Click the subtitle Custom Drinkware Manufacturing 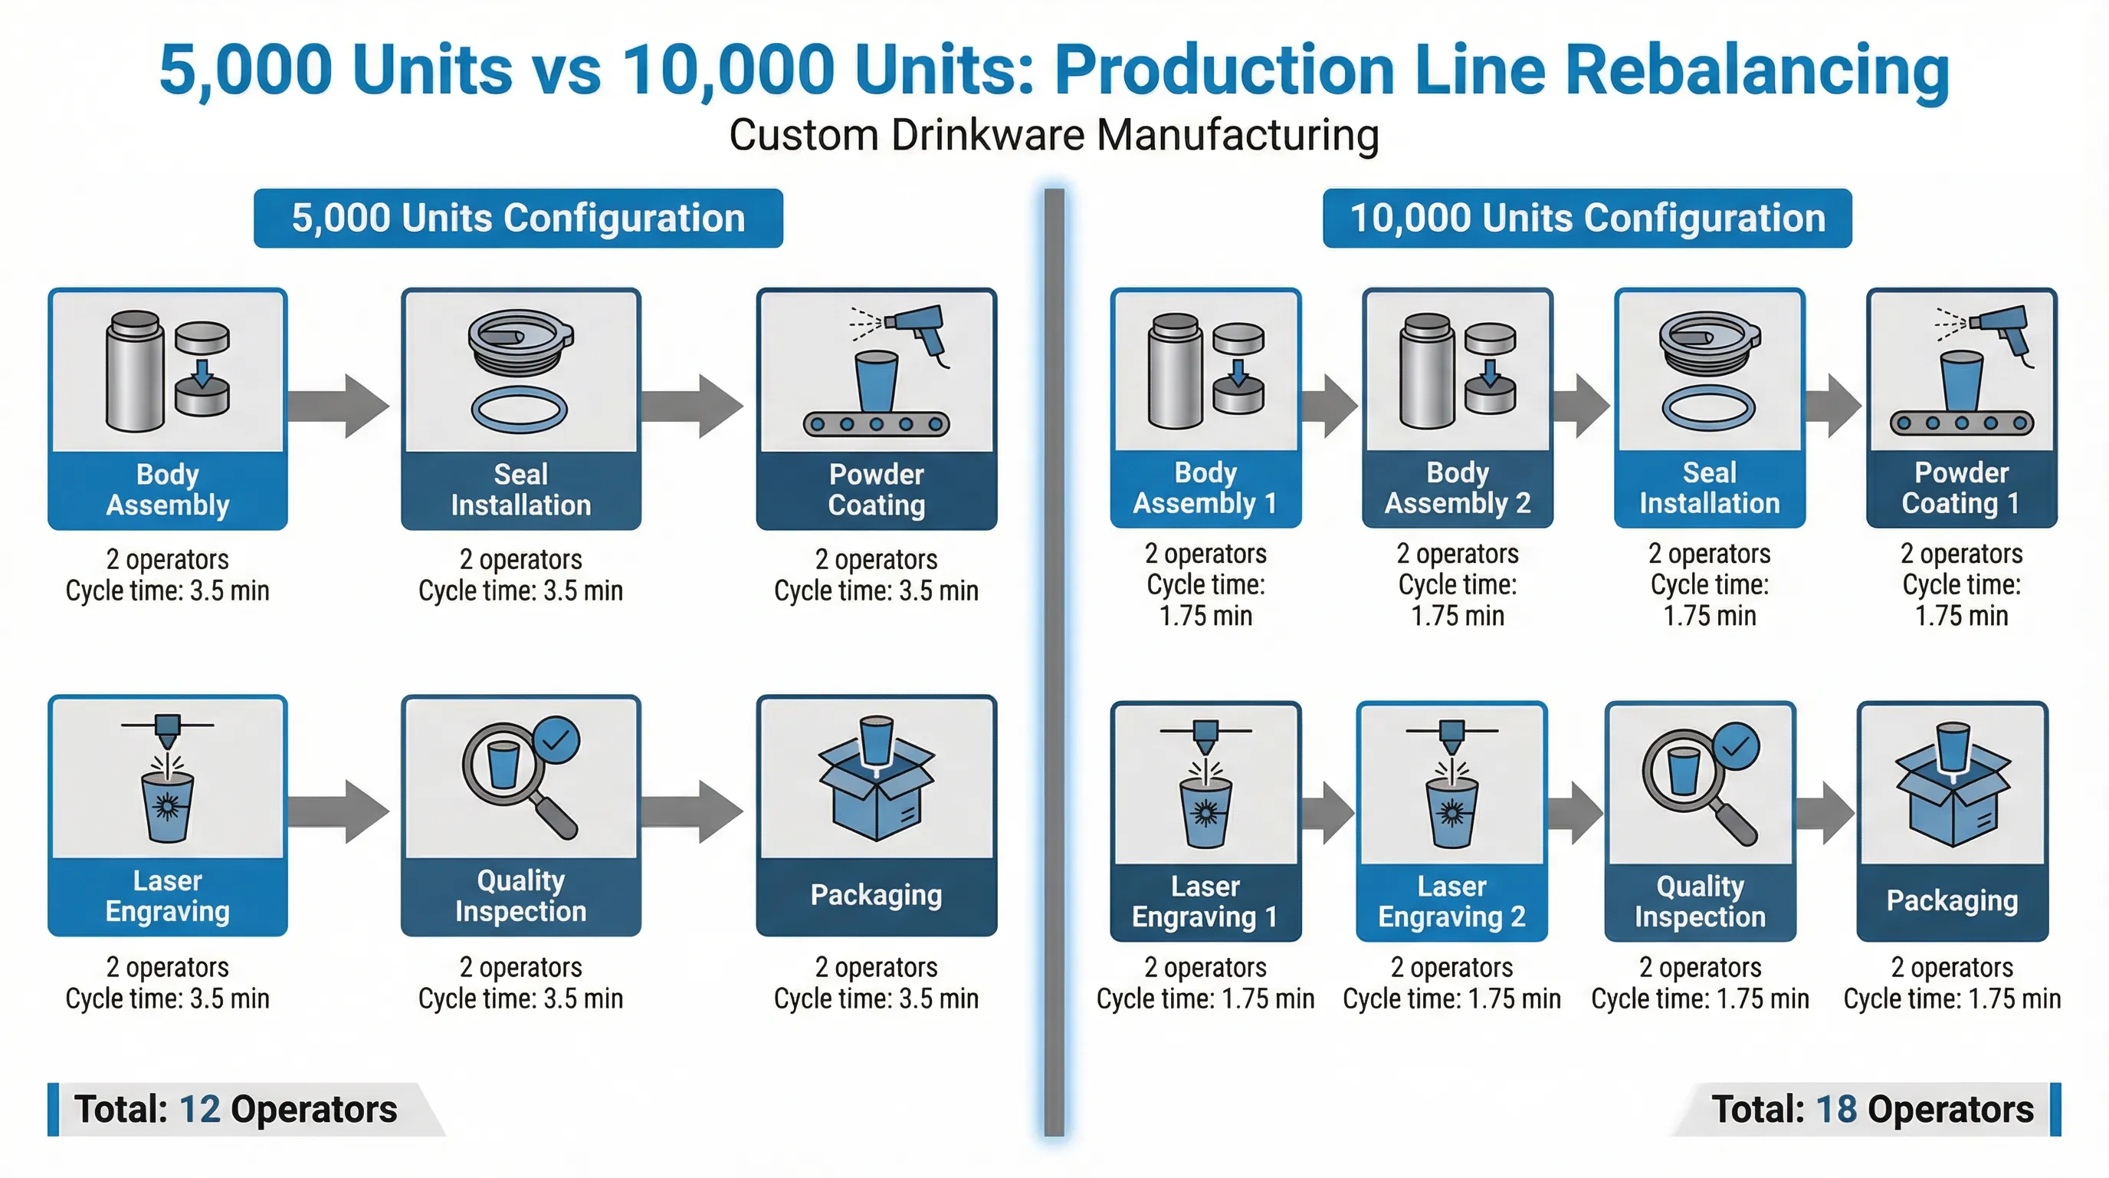tap(1054, 135)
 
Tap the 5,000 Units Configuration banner tap(518, 218)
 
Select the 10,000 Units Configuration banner tap(1586, 218)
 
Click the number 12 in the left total tap(199, 1109)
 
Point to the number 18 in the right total tap(1835, 1109)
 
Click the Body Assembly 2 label tap(1458, 488)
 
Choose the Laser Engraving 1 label tap(1205, 901)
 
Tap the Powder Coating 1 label tap(1961, 488)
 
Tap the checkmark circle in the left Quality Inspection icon tap(556, 741)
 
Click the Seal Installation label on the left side tap(520, 489)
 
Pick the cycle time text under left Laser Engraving tap(167, 999)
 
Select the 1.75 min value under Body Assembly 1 tap(1205, 616)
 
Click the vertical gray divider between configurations tap(1054, 656)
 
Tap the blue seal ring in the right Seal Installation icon tap(1709, 407)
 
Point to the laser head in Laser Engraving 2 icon tap(1451, 735)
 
